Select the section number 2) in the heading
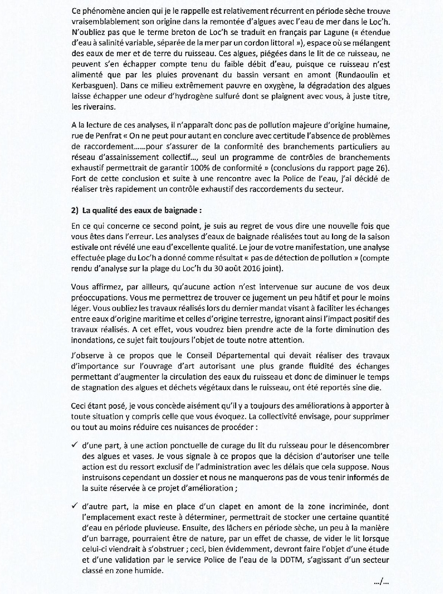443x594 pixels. [x=75, y=210]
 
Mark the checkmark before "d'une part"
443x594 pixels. [x=75, y=445]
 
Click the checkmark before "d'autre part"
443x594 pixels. [x=75, y=506]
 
